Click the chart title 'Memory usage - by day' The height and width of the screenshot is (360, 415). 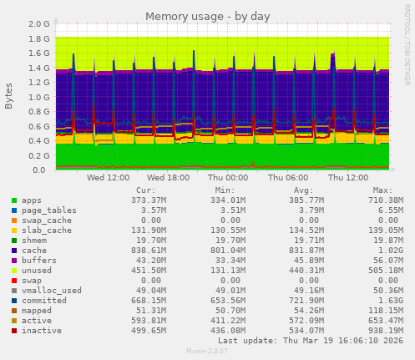[x=207, y=16]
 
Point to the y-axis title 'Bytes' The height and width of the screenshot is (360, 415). [x=9, y=96]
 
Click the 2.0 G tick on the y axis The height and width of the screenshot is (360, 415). [x=38, y=24]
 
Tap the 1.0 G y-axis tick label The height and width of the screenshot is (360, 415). [x=38, y=97]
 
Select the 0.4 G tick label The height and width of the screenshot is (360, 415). [x=38, y=141]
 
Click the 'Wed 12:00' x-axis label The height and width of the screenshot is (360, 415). [x=108, y=177]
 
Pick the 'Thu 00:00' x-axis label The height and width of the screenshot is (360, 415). [x=228, y=177]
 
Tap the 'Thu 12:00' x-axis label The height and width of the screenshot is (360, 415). [x=348, y=177]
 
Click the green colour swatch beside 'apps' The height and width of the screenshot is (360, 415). [x=13, y=200]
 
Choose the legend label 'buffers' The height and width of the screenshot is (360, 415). [x=38, y=260]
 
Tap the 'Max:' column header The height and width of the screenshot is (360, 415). [x=385, y=190]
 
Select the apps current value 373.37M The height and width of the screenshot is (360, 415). [x=149, y=200]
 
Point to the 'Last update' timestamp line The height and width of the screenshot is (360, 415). [x=322, y=342]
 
